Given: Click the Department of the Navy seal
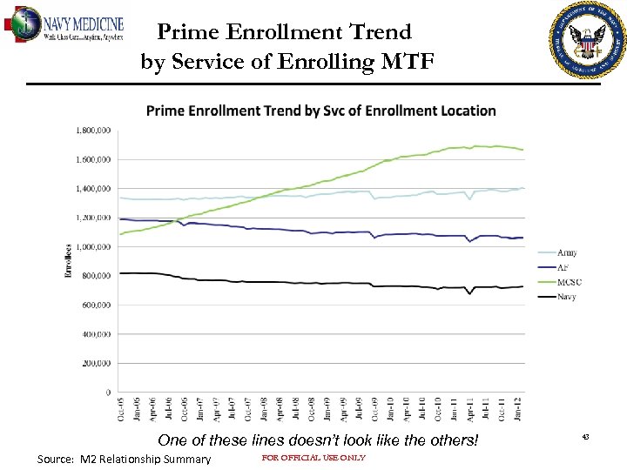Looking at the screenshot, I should coord(588,40).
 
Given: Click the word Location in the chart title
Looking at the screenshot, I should coord(462,111).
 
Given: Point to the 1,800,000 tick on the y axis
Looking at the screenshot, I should coord(92,131).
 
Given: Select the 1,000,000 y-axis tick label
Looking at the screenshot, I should coord(92,246).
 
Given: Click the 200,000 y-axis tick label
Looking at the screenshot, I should coord(95,363).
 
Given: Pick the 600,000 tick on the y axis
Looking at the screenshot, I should coord(95,305).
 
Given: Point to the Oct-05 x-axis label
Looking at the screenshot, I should coord(120,410).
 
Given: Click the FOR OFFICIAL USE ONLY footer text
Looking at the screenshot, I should coord(313,458).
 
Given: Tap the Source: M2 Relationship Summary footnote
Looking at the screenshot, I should coord(125,459).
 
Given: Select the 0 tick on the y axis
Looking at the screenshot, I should coord(107,393).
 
